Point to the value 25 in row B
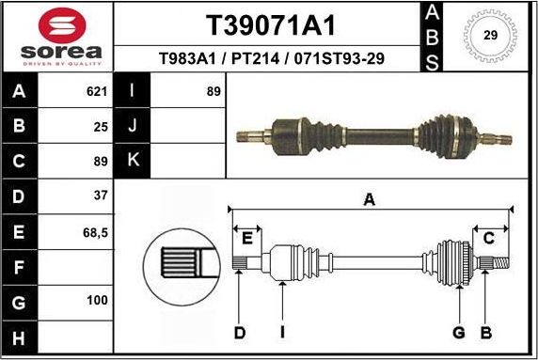pos(101,126)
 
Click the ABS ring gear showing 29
pos(489,35)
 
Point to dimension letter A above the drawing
pos(370,198)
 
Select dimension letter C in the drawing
pos(488,239)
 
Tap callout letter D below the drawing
pos(240,332)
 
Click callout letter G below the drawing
pos(459,332)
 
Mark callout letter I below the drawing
pos(282,332)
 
